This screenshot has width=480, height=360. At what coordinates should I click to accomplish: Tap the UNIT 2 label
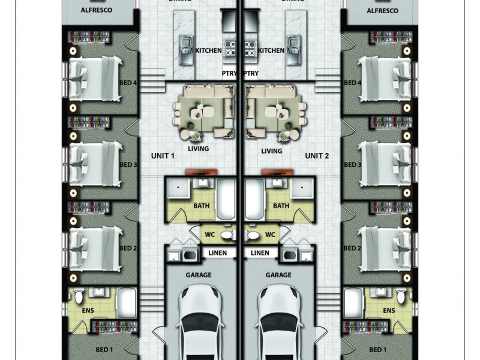317,156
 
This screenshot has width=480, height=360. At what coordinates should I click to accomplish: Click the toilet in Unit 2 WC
253,234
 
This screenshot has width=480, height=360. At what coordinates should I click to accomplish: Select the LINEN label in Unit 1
217,253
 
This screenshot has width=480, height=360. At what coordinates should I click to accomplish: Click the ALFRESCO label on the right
382,11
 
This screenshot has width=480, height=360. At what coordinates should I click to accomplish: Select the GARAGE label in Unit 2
278,275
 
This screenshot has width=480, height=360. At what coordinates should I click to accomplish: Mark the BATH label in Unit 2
281,206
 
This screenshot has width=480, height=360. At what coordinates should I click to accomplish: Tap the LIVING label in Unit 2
272,151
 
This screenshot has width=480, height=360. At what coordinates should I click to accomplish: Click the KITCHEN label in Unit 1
208,51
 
